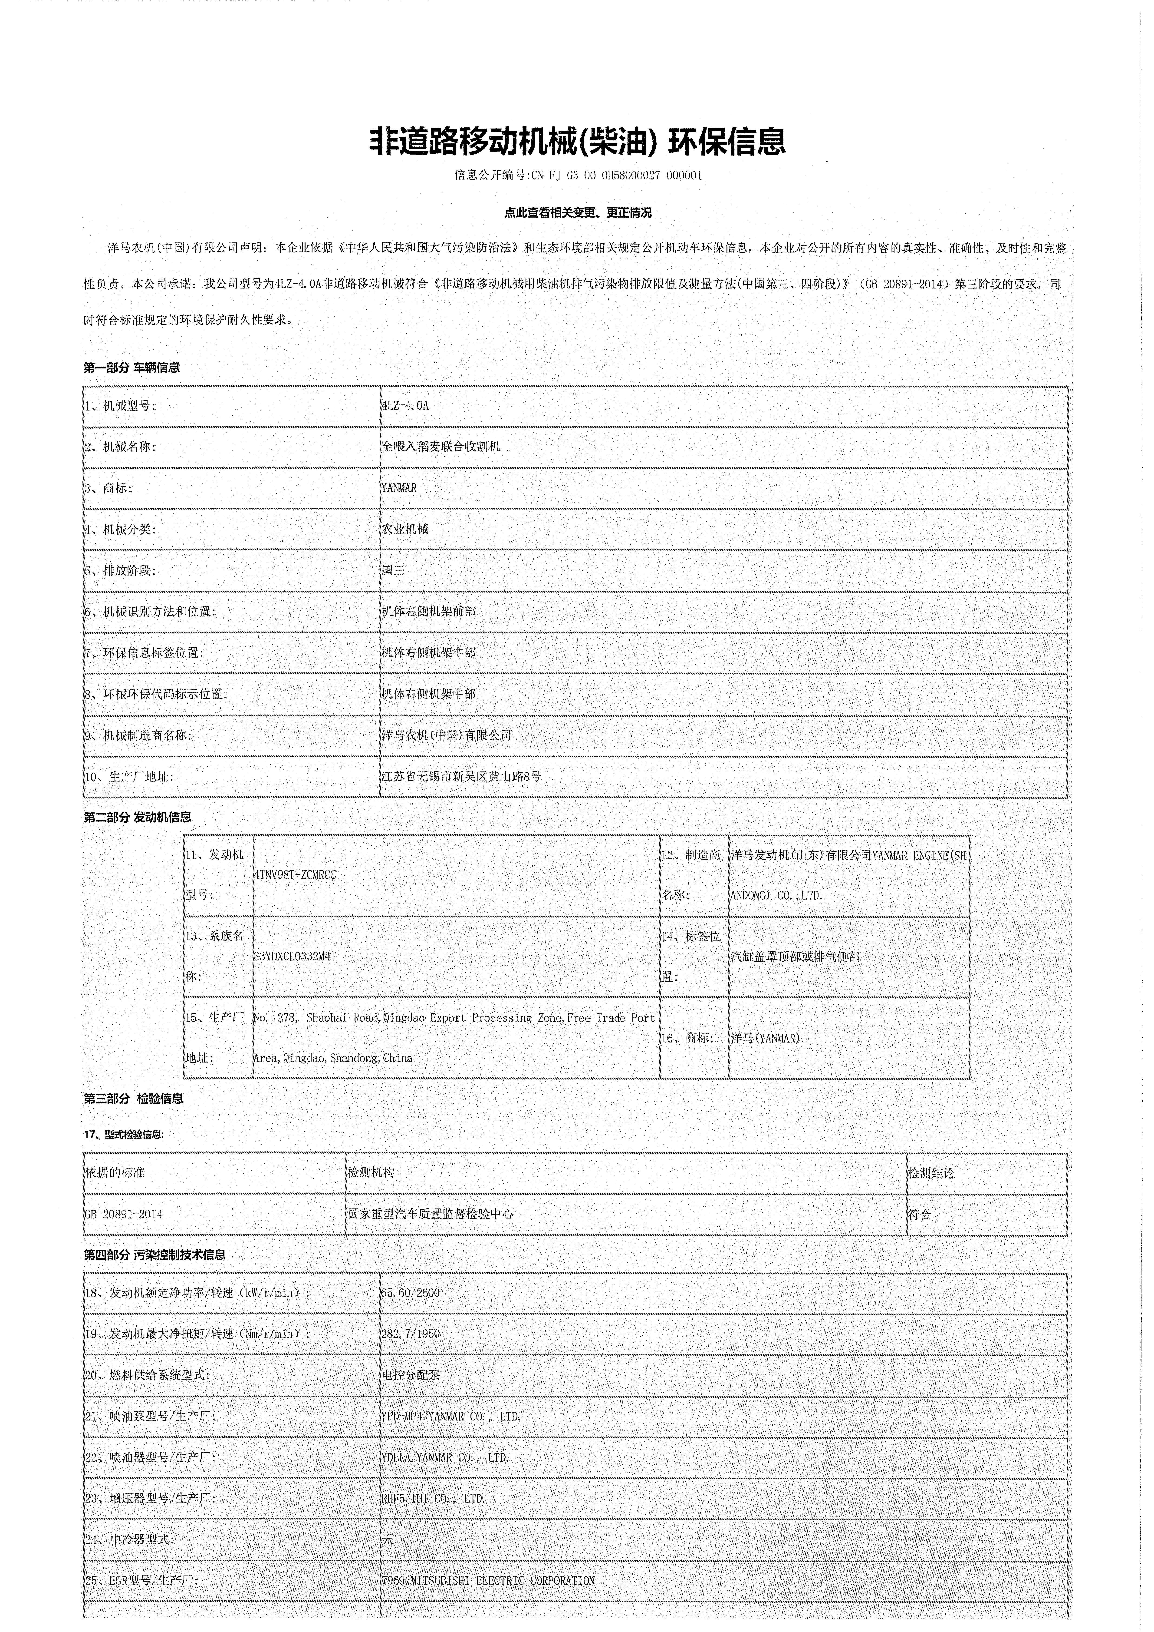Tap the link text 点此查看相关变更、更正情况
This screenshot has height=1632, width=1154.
(x=577, y=212)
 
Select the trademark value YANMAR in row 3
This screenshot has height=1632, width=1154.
(x=399, y=488)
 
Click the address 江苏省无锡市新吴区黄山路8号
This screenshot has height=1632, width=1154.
(x=461, y=777)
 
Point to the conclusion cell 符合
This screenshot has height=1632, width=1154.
(x=920, y=1214)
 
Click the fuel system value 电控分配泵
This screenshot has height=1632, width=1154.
(x=411, y=1375)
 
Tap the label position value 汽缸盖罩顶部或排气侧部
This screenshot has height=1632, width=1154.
(x=795, y=957)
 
